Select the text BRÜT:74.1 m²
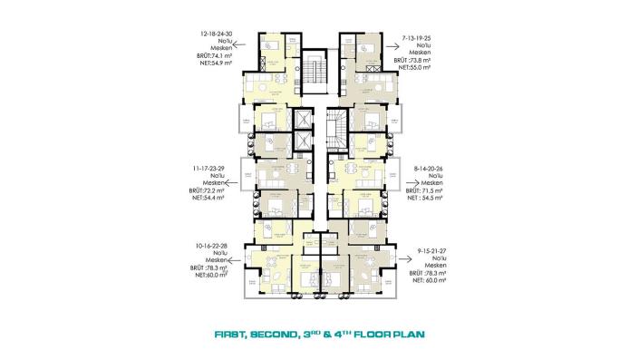pyautogui.click(x=211, y=56)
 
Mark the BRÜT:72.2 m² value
pyautogui.click(x=209, y=192)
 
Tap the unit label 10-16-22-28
pyautogui.click(x=209, y=245)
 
